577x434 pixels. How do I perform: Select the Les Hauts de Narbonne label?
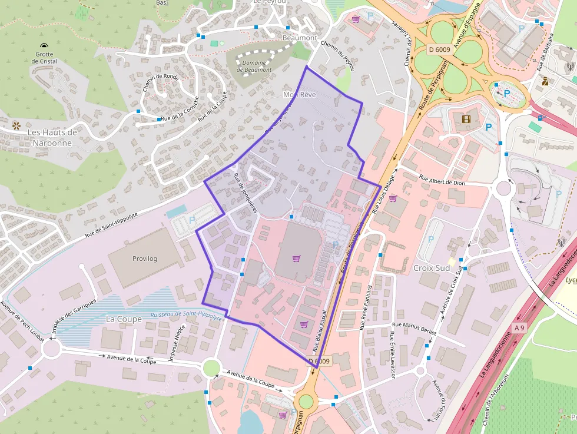coord(52,137)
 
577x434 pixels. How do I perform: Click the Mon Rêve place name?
coord(300,95)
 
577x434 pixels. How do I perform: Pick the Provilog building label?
coord(145,258)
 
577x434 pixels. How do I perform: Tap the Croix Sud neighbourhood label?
coord(432,267)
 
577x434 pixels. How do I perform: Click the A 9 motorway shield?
coord(519,327)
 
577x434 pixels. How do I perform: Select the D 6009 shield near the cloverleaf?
coord(439,49)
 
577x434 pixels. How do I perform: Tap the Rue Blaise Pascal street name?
coord(323,331)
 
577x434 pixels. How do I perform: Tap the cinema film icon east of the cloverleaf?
coord(467,120)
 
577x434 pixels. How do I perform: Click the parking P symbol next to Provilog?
coord(192,220)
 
